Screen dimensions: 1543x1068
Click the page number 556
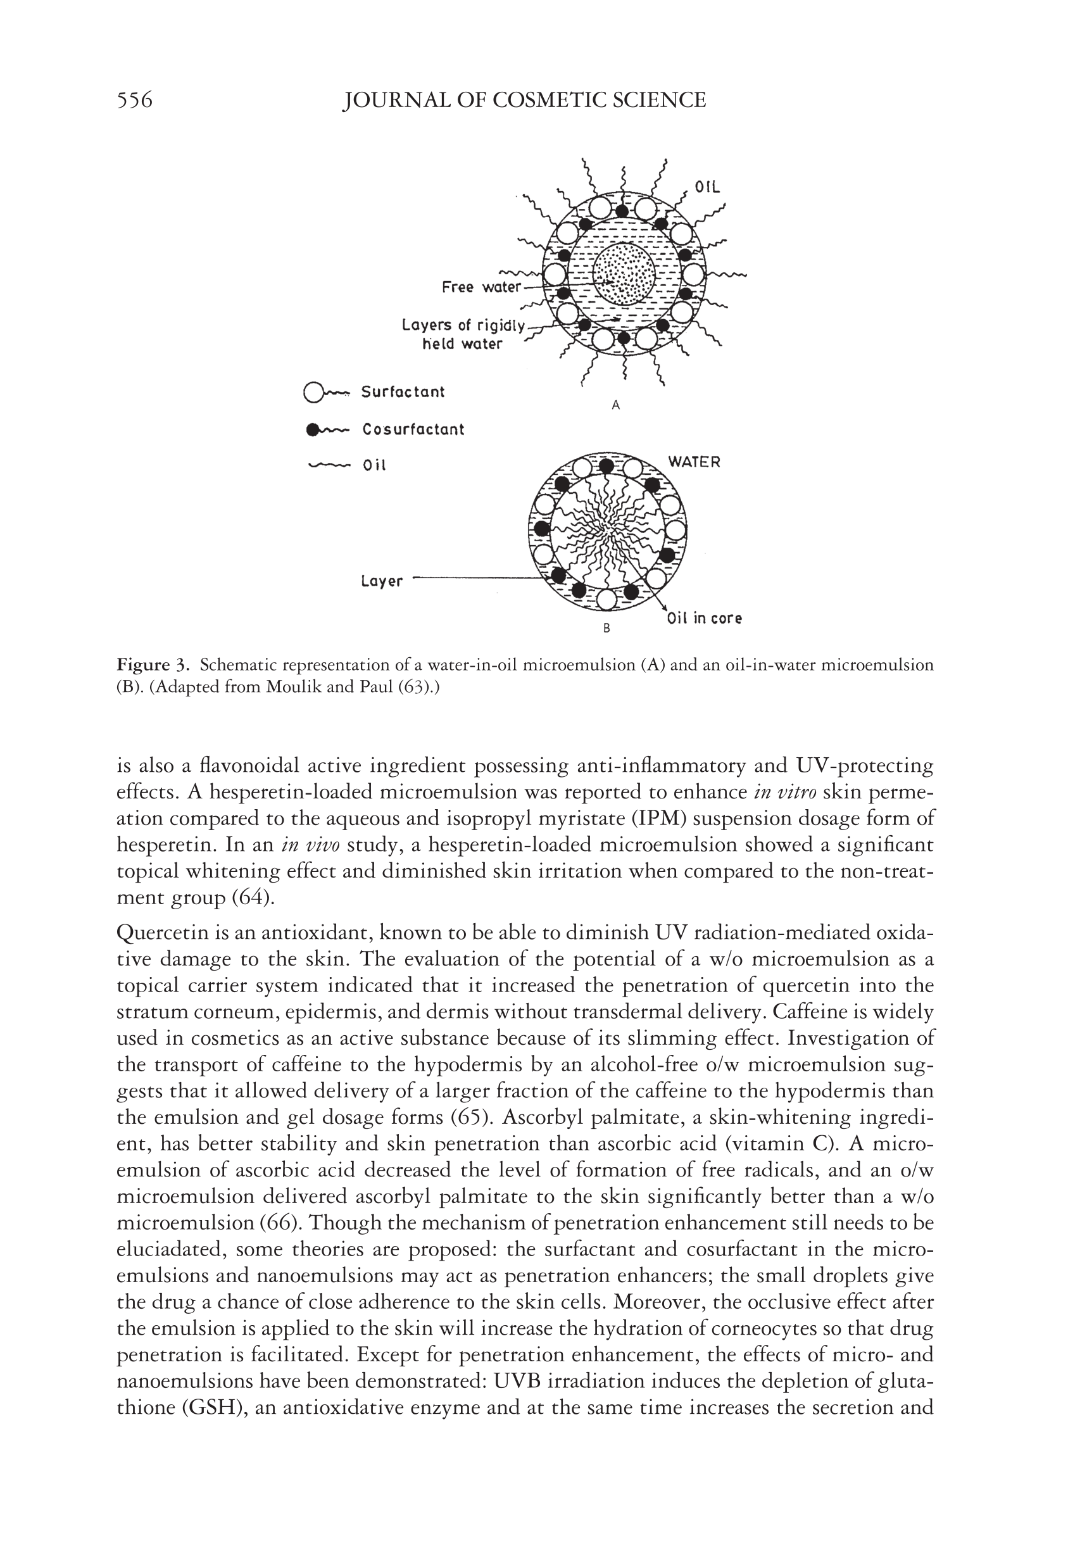pos(134,101)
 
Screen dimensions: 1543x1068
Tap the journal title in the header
pos(524,101)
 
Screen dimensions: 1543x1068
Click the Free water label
pos(481,287)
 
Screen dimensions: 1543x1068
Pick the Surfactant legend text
pos(403,392)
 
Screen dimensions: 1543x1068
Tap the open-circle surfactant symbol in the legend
pos(313,393)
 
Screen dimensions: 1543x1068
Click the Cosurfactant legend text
pos(413,429)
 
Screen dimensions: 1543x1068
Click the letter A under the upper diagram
pos(617,405)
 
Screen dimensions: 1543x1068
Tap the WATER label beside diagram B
pos(694,462)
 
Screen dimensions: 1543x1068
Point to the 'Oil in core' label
pos(704,619)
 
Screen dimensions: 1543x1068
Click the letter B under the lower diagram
pos(607,629)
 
